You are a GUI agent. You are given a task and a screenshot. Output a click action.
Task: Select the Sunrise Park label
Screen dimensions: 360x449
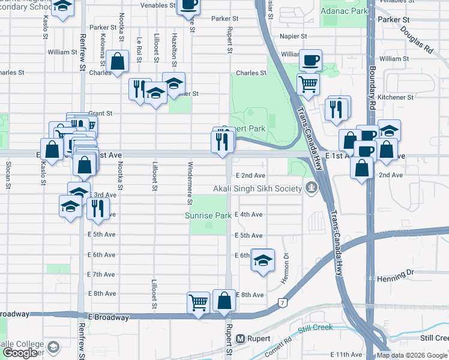(208, 215)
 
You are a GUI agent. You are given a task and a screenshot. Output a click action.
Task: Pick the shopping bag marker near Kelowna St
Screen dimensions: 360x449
(118, 61)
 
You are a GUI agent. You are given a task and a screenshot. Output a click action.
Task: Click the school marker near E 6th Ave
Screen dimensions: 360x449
(262, 260)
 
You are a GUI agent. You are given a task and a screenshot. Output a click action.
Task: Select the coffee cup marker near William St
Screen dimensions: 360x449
(310, 59)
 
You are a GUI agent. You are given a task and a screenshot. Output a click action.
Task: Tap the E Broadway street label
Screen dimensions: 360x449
(109, 317)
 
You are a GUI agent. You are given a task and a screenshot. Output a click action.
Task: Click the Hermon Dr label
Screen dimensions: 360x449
(286, 265)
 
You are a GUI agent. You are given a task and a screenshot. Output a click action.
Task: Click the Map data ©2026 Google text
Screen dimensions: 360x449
(412, 355)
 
